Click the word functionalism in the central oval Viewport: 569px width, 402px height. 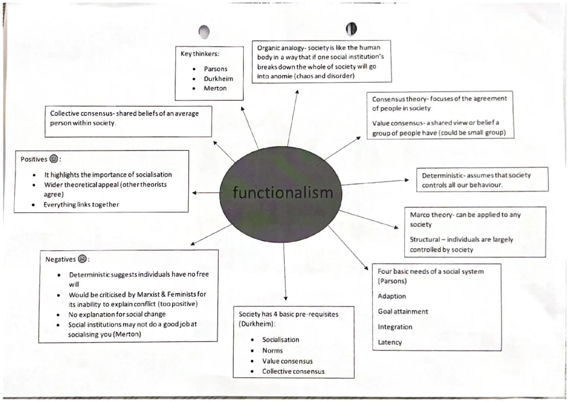click(282, 192)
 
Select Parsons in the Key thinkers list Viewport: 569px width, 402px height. click(215, 69)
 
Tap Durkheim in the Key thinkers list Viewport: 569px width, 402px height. click(218, 79)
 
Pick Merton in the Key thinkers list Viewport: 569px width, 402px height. click(215, 88)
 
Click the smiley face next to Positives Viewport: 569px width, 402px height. click(54, 159)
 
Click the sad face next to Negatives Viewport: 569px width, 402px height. click(82, 259)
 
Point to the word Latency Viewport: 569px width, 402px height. click(390, 342)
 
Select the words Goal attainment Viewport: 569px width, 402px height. click(403, 312)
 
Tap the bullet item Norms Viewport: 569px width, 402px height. click(272, 351)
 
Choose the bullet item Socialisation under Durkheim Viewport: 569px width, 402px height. click(281, 339)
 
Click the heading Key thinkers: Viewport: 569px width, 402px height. click(200, 54)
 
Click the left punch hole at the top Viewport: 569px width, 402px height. click(204, 32)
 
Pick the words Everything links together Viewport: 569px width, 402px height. click(81, 204)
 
